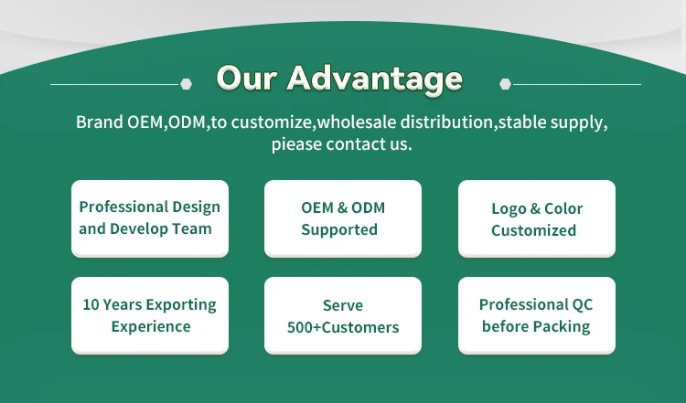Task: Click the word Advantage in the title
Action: [374, 80]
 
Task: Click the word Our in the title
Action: [247, 79]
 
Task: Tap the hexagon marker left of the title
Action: [186, 84]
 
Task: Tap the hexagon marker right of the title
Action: [505, 84]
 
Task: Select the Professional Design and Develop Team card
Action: [150, 218]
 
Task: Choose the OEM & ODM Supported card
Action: [343, 218]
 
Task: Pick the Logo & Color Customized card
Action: [537, 218]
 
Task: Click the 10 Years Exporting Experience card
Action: [150, 315]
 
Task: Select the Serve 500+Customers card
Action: [343, 315]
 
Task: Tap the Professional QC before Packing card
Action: [537, 315]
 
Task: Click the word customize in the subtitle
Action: [272, 122]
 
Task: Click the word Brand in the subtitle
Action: [100, 122]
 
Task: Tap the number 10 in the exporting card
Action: [91, 304]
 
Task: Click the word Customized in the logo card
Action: [533, 230]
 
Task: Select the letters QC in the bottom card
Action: [582, 304]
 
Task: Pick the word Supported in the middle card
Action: [339, 230]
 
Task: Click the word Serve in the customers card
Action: [343, 305]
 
